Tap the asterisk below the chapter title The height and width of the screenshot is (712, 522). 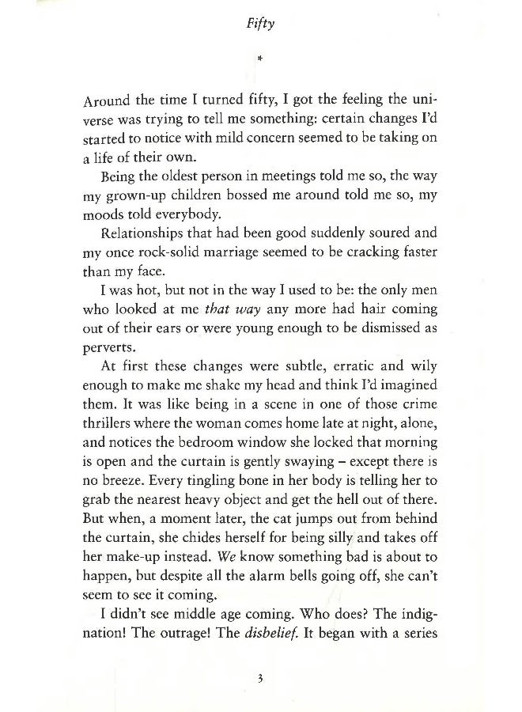tap(259, 59)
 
